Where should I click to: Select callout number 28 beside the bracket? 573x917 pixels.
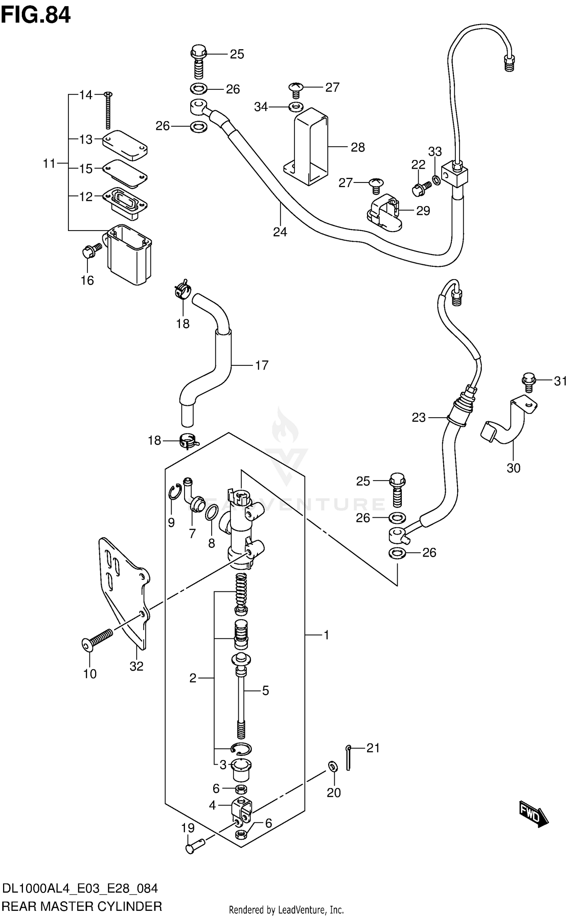click(x=358, y=147)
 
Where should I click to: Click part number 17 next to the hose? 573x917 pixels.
click(x=262, y=365)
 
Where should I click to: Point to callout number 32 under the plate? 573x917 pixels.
click(x=136, y=666)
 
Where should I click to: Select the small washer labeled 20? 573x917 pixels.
click(x=332, y=765)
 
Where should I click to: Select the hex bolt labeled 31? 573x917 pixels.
click(x=528, y=382)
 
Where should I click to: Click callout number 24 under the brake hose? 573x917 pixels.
click(x=280, y=232)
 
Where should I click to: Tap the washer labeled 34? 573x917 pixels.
click(x=295, y=107)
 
